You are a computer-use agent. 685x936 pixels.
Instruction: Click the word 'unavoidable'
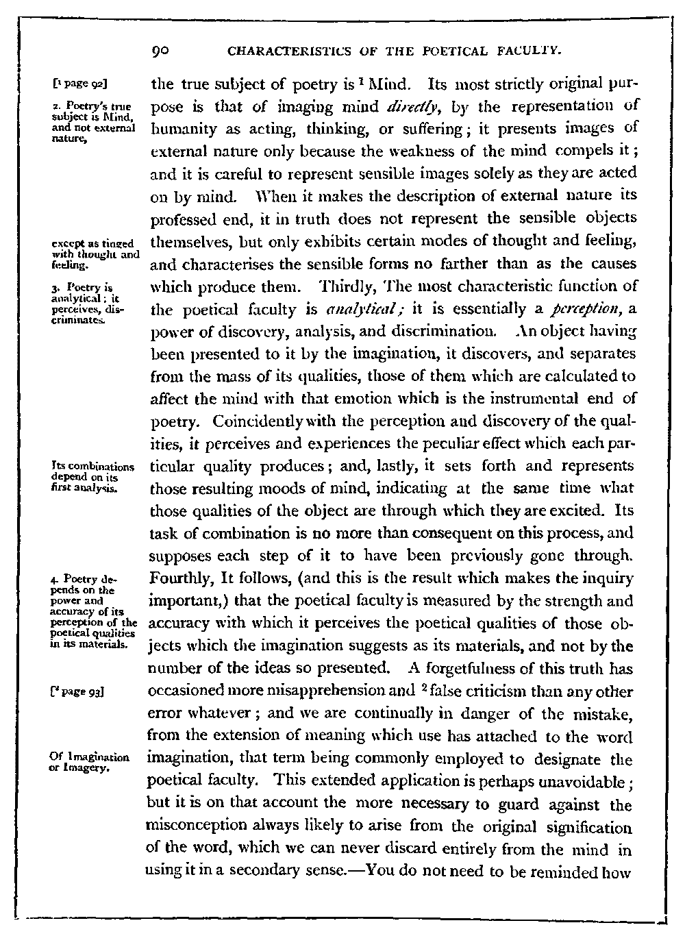[588, 781]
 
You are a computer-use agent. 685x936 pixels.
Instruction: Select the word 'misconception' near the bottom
[194, 826]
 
